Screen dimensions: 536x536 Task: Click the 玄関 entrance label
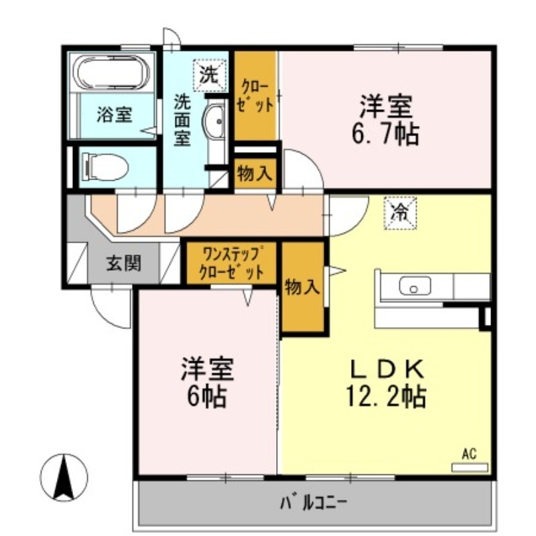[x=123, y=263]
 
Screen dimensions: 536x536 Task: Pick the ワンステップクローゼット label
[x=231, y=263]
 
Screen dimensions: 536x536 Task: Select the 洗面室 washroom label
[x=182, y=121]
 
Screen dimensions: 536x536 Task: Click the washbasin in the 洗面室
[x=216, y=125]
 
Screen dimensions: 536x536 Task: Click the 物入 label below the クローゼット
[x=255, y=174]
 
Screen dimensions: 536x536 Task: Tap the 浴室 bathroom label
[x=113, y=115]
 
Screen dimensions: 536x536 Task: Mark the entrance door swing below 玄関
[x=110, y=308]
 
